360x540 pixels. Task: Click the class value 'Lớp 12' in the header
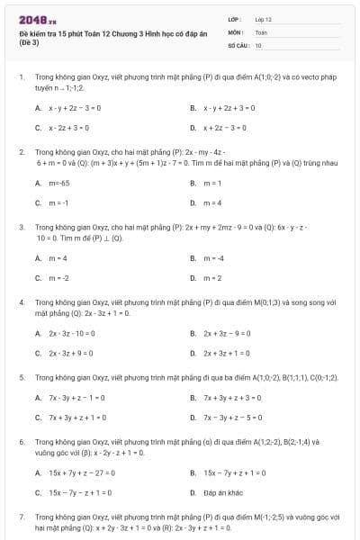pos(263,19)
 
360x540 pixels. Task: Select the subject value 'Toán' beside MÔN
pos(261,31)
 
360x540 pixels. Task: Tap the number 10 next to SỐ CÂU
pos(258,44)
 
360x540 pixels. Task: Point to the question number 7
pos(22,517)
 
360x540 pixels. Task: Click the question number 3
pos(22,228)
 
